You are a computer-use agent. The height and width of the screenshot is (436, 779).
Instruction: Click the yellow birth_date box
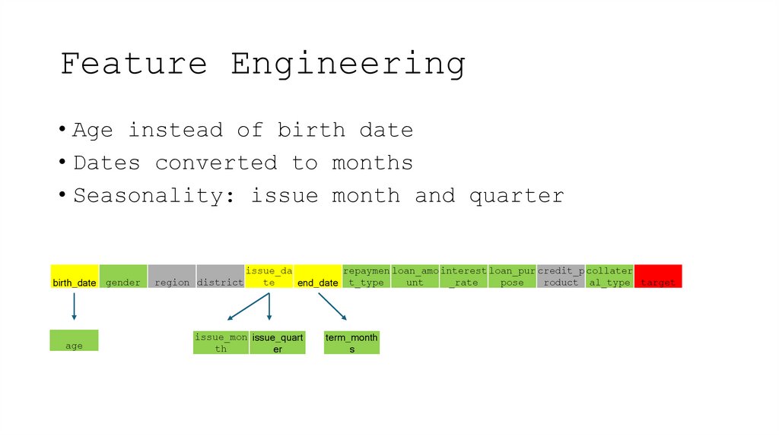point(75,276)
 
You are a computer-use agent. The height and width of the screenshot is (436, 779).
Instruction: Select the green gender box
point(122,276)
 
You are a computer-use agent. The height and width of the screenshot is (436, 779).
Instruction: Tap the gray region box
point(172,276)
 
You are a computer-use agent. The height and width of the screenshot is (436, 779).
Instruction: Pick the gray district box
point(221,276)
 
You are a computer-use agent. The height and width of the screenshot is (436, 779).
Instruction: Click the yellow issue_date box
point(269,276)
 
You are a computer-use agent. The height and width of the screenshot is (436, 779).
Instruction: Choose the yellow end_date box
point(318,276)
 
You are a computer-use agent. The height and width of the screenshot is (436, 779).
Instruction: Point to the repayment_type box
point(367,276)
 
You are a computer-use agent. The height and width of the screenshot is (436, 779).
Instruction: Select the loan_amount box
point(415,276)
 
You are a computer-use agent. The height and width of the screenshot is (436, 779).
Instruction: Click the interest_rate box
point(464,276)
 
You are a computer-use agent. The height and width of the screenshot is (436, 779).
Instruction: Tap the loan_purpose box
point(513,276)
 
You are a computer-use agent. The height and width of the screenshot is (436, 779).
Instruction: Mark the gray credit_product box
point(561,276)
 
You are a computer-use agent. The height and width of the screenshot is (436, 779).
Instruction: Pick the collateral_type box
point(609,276)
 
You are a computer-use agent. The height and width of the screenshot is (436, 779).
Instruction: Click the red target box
point(658,276)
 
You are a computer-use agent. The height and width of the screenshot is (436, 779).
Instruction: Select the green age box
point(74,340)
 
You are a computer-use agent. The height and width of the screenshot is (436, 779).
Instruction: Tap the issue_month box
point(221,343)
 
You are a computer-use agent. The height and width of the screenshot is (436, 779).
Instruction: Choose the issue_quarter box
point(278,343)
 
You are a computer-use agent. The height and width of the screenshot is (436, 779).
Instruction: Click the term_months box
point(351,343)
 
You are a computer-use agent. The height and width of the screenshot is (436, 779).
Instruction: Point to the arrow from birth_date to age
point(75,306)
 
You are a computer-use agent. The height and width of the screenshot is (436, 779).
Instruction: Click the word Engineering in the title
point(348,64)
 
